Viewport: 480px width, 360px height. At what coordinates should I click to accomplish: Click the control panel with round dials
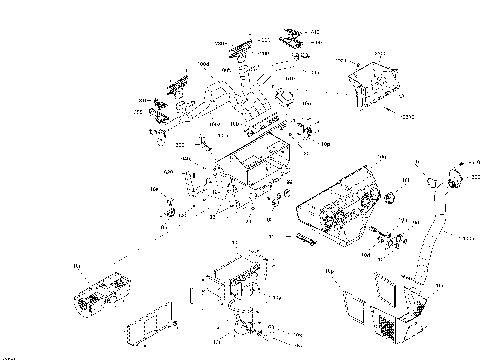point(337,204)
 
